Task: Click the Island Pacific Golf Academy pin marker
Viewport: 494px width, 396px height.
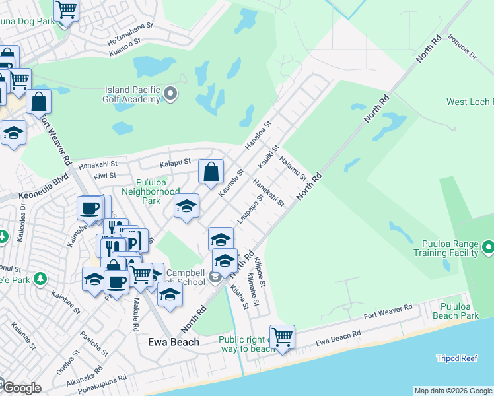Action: (x=170, y=93)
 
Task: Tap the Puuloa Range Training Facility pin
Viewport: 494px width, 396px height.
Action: (x=488, y=247)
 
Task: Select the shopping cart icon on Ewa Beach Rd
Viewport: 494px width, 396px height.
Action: (x=282, y=337)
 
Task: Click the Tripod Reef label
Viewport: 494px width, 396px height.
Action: (x=456, y=358)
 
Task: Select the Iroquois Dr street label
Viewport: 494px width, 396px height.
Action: (x=462, y=46)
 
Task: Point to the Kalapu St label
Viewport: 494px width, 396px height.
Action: (x=175, y=161)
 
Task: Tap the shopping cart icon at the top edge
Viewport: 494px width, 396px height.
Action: (x=65, y=11)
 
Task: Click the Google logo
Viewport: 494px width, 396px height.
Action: (x=21, y=388)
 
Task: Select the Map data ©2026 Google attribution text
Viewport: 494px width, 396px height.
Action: (x=452, y=391)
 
